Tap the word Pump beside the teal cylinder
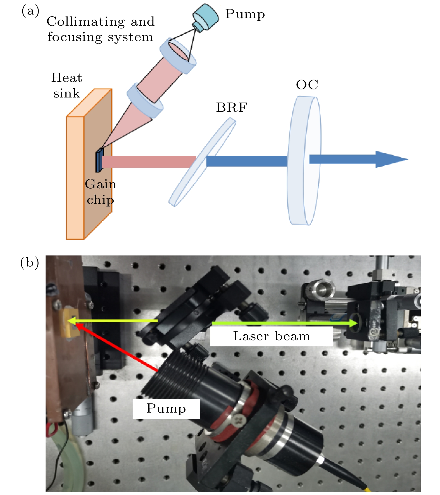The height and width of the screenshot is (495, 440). tap(245, 14)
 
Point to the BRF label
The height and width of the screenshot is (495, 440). tap(232, 108)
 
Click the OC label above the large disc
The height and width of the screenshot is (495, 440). tap(307, 85)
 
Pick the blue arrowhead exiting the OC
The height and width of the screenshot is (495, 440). tap(391, 160)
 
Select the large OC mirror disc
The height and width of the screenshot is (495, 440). tap(304, 161)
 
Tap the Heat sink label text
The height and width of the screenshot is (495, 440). tap(66, 85)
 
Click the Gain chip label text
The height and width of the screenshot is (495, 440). tap(100, 192)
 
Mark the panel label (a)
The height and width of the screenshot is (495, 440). tap(30, 11)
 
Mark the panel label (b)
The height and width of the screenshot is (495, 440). tap(29, 263)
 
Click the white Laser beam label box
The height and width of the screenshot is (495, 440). tap(271, 336)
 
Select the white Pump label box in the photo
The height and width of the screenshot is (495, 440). tap(166, 408)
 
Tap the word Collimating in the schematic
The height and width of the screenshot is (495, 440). tap(85, 22)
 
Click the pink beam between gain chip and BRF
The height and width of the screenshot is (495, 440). tap(148, 162)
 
